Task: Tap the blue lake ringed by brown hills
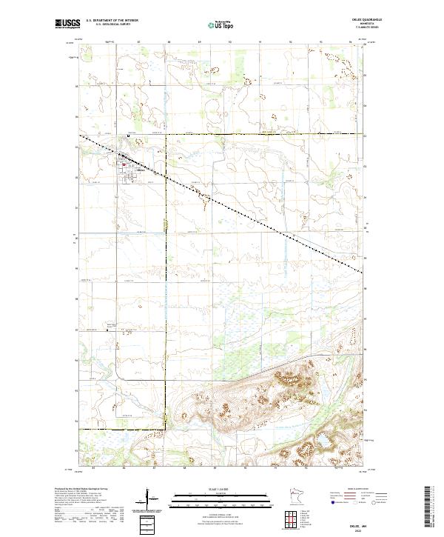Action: [323, 442]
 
